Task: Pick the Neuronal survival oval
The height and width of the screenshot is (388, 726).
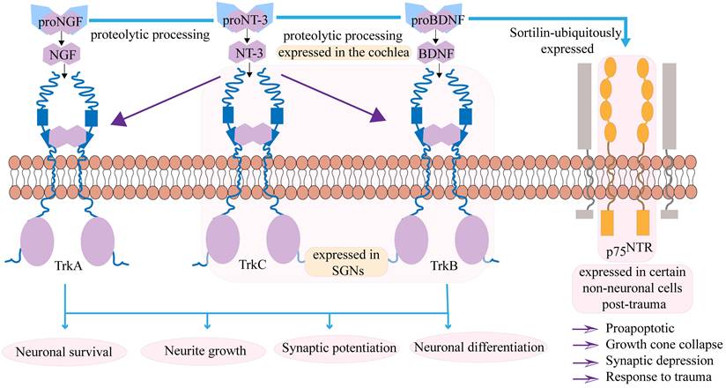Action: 68,352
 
